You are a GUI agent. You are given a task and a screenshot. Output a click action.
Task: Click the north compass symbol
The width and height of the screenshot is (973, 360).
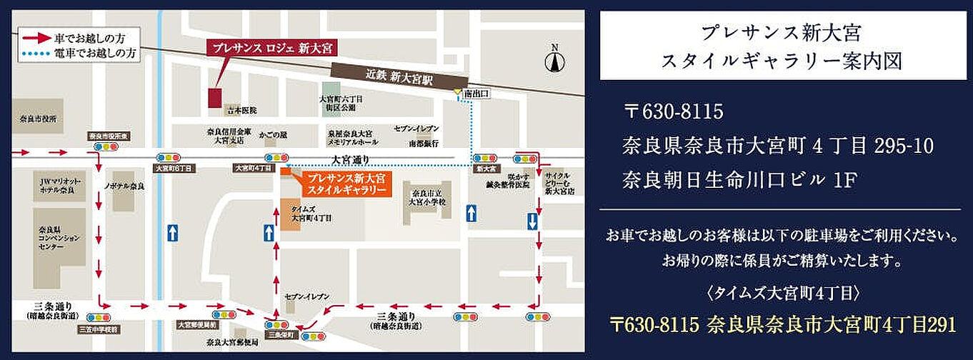(554, 59)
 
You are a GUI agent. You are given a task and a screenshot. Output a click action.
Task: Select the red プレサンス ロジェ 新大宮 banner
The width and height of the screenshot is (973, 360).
(272, 48)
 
